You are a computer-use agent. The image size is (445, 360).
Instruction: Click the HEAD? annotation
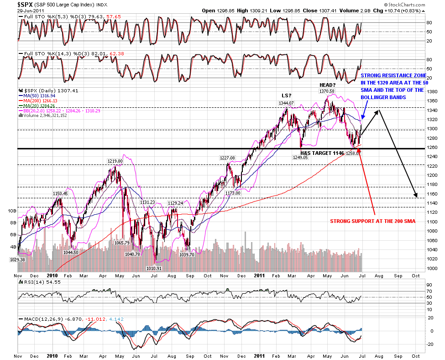328,85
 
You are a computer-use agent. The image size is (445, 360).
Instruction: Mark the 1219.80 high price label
115,161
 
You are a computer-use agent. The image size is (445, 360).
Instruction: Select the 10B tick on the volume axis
12,211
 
